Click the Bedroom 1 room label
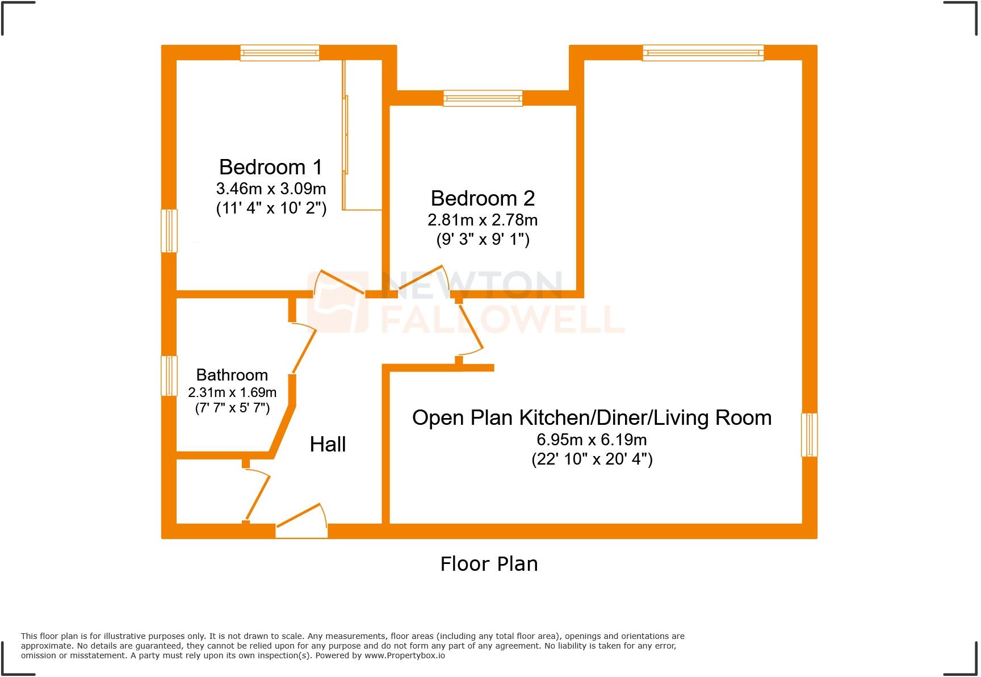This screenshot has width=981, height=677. [x=270, y=167]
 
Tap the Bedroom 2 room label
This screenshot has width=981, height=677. [x=483, y=198]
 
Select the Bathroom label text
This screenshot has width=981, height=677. [x=232, y=375]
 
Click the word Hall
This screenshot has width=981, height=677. [x=328, y=444]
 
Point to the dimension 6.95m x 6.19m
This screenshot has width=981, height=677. [x=592, y=440]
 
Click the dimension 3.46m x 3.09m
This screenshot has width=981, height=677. [x=271, y=188]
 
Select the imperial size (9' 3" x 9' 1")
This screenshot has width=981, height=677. [x=483, y=239]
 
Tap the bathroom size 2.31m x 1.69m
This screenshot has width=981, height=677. [x=232, y=392]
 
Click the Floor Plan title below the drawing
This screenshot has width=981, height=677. [x=489, y=564]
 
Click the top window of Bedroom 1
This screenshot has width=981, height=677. [x=279, y=53]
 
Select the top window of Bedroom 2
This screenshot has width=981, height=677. [x=483, y=98]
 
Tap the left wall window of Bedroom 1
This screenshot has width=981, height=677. [x=169, y=231]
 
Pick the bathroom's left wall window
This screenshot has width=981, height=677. [x=169, y=375]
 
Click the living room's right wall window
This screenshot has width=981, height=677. [x=809, y=435]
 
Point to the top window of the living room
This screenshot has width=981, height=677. [x=703, y=53]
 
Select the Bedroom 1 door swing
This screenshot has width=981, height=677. [x=339, y=282]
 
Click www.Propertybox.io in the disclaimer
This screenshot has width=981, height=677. [x=404, y=655]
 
